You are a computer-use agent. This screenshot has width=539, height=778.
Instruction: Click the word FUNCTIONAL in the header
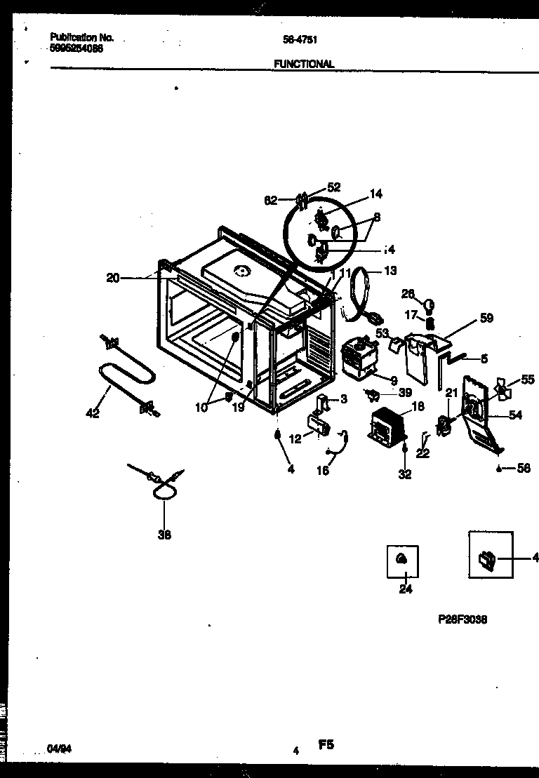click(x=303, y=64)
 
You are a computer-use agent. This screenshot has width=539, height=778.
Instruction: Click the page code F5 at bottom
click(x=326, y=746)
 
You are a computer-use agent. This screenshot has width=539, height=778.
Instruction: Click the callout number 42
click(x=92, y=414)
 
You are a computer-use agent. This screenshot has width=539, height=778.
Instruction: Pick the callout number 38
click(x=165, y=535)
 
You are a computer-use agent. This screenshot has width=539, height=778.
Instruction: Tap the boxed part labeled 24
click(x=402, y=559)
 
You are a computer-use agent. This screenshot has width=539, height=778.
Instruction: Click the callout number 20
click(x=113, y=278)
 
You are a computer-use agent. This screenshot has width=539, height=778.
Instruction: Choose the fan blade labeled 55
click(x=503, y=387)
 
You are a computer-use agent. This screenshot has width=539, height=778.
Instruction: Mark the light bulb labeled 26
click(x=430, y=304)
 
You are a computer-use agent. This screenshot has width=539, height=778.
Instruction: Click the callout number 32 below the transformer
click(x=405, y=475)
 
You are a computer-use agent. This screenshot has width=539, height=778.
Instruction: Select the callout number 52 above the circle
click(x=333, y=187)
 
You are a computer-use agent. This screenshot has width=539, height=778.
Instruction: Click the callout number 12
click(x=295, y=438)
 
